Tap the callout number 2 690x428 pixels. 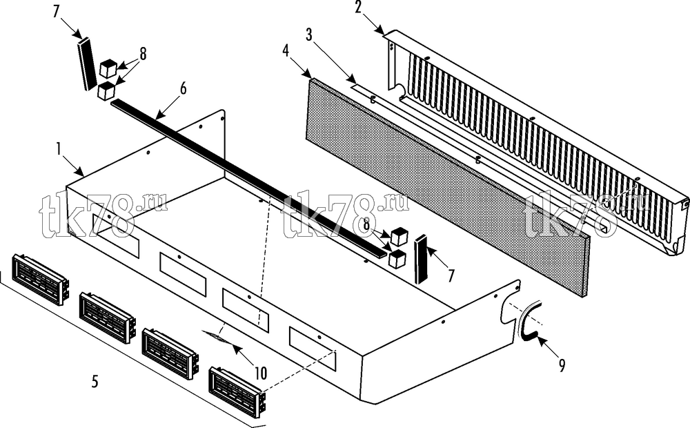[358, 8]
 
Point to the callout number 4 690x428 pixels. [286, 51]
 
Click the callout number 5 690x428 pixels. [95, 381]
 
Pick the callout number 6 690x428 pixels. [183, 88]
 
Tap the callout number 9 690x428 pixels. [562, 365]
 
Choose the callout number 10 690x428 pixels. [261, 373]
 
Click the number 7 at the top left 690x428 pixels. [56, 12]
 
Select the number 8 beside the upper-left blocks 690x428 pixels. [143, 54]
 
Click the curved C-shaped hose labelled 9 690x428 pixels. [529, 320]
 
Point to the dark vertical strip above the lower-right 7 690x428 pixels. [421, 260]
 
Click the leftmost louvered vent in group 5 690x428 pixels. [40, 279]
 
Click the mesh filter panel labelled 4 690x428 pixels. [447, 186]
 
